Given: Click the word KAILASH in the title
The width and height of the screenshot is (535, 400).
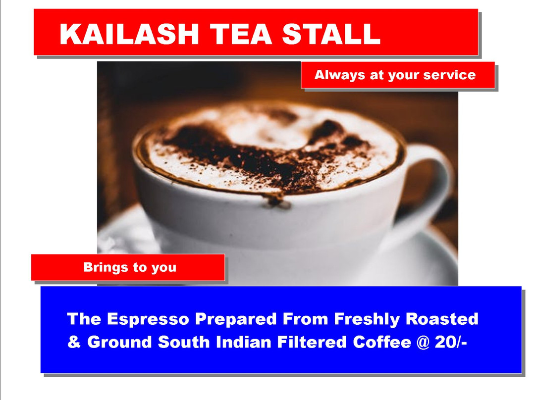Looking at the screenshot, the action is [129, 34].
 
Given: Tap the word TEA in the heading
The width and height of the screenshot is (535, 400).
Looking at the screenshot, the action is [241, 34].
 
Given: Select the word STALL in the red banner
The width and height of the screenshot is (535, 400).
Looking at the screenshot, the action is [331, 34].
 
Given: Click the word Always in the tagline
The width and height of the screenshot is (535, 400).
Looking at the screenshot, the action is [339, 75].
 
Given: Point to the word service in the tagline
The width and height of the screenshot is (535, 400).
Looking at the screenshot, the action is [449, 75].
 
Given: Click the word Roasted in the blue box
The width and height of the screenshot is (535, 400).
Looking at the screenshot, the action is [442, 319].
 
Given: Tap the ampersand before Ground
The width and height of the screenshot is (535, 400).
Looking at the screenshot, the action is [74, 342].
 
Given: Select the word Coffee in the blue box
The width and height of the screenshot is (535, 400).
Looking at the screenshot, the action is [382, 342].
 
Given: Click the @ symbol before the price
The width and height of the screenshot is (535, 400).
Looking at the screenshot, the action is [423, 343].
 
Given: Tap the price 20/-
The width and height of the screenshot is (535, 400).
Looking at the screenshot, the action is [451, 342].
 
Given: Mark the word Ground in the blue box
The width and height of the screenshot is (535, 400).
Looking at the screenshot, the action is [119, 342].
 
